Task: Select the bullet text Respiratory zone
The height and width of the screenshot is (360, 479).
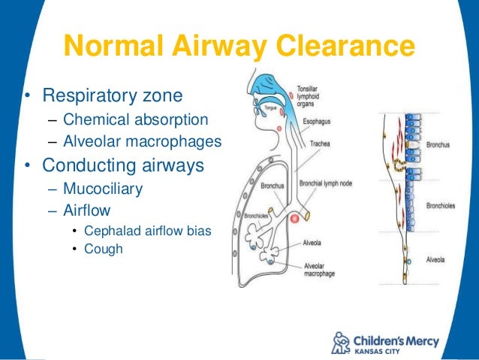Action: [x=112, y=96]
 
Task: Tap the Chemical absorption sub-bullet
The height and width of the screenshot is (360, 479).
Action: [x=136, y=119]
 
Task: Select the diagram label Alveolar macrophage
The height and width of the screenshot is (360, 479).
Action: [x=324, y=269]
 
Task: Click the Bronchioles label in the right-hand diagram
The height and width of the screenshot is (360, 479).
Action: [x=444, y=204]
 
